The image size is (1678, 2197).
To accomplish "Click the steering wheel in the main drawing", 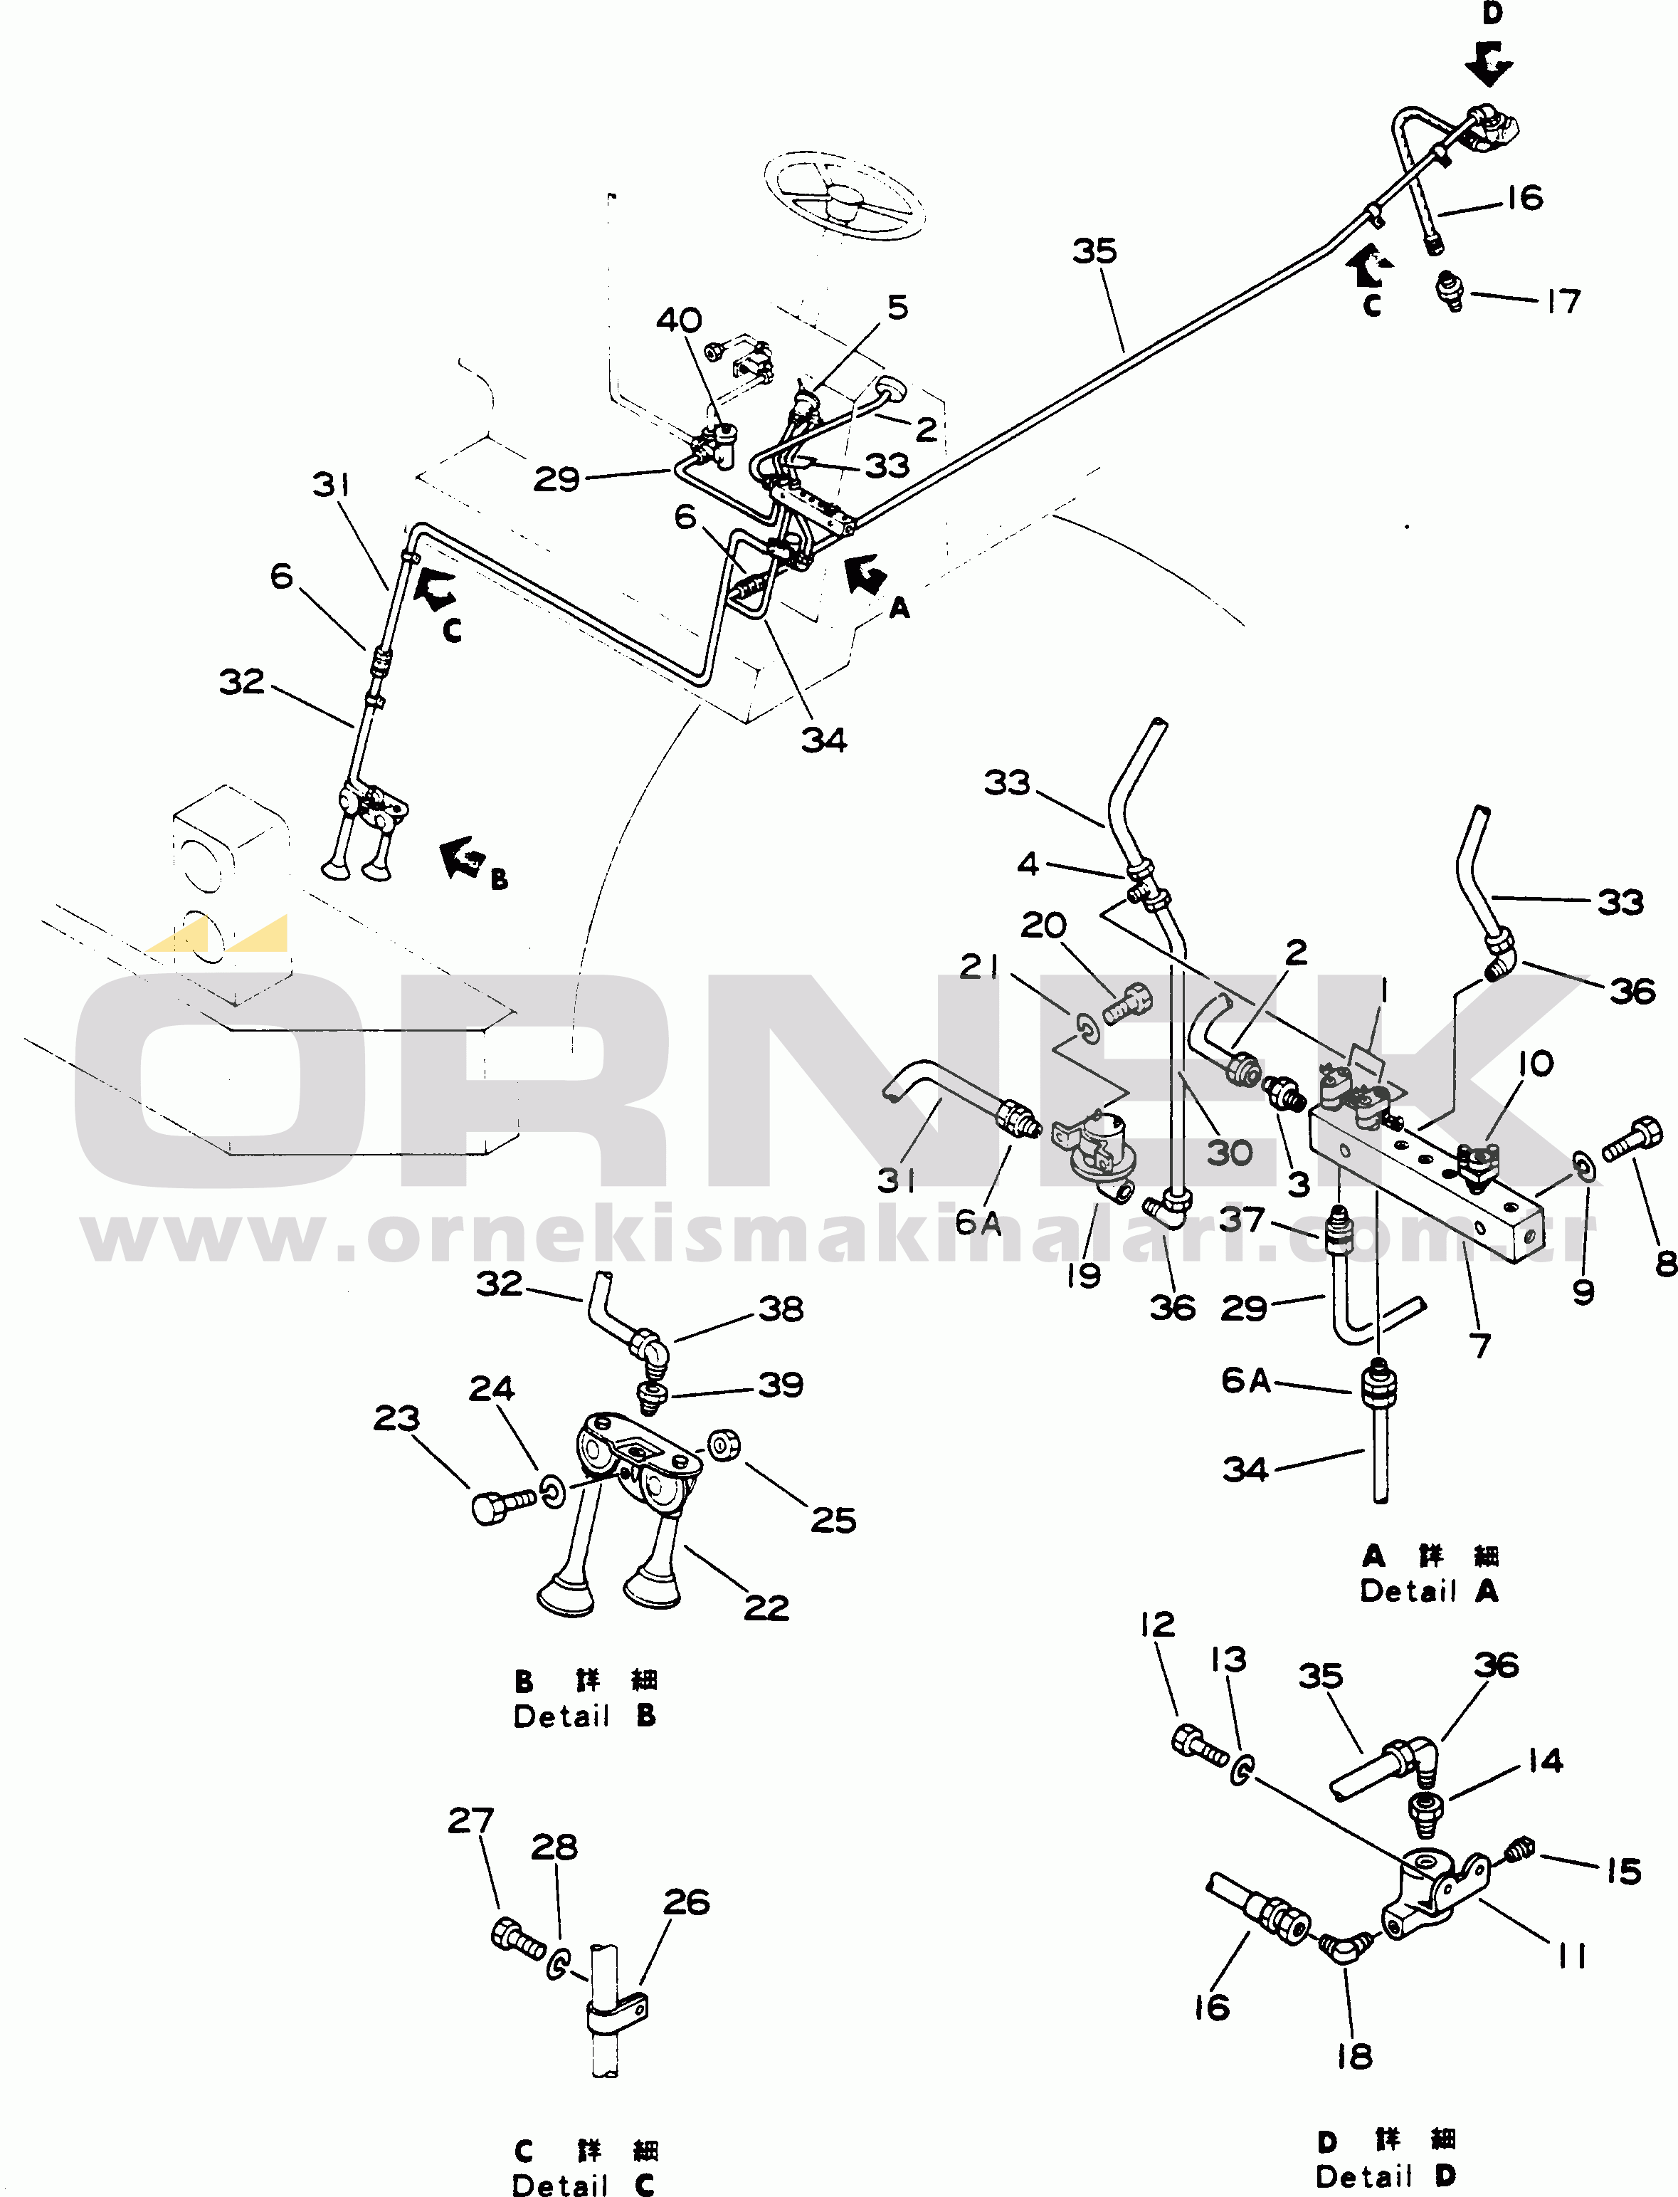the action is (844, 195).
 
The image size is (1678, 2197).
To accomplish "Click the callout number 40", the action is (679, 320).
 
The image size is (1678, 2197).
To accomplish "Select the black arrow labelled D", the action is (1489, 62).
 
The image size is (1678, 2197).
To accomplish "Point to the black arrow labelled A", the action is (865, 575).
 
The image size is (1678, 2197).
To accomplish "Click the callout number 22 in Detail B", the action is (766, 1607).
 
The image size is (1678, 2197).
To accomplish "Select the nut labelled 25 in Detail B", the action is (724, 1444).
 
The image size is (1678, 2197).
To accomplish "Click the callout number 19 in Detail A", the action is (1084, 1276).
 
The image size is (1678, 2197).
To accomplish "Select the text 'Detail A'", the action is (1430, 1592).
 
